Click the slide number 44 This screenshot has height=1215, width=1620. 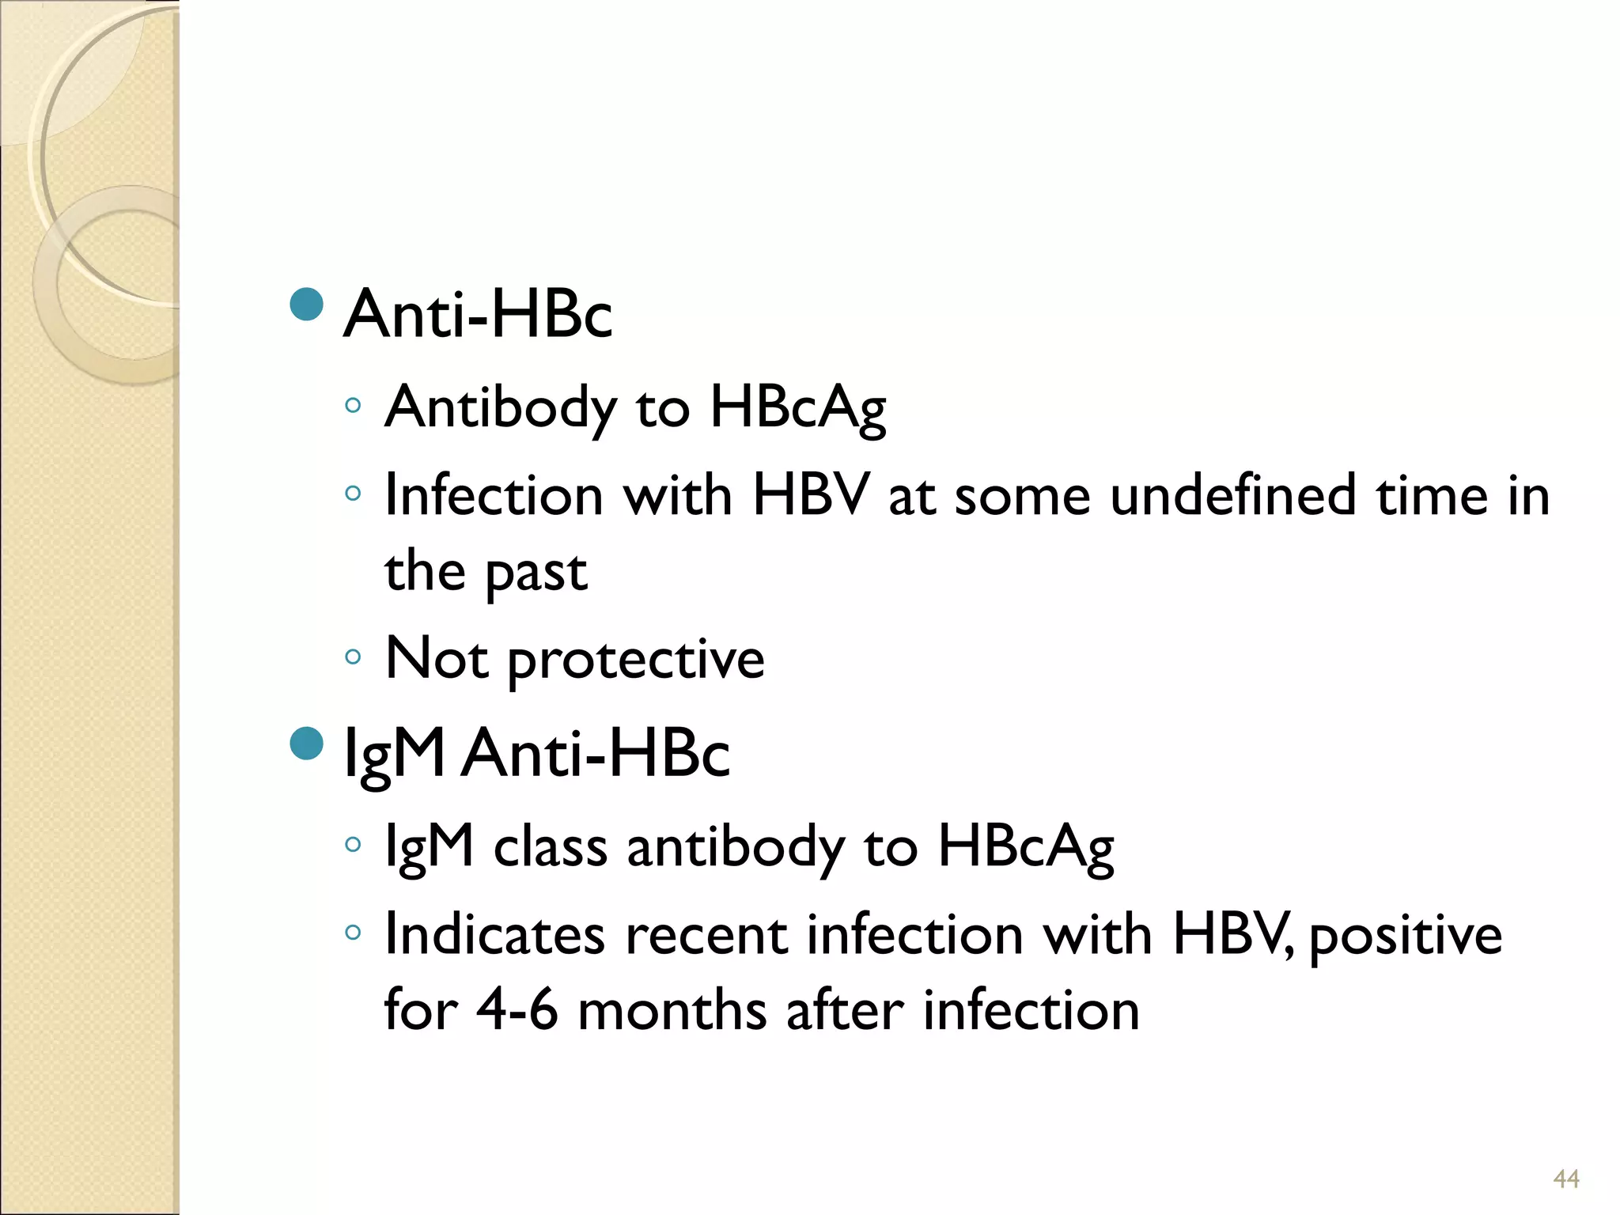click(x=1566, y=1179)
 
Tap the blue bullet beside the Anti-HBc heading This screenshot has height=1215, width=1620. click(x=307, y=304)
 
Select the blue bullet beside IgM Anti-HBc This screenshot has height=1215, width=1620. click(x=307, y=743)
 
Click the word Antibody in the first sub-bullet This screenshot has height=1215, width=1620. click(x=500, y=408)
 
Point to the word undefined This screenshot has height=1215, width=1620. click(x=1234, y=496)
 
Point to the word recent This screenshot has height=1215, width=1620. click(x=707, y=935)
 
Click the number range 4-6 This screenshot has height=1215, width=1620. click(x=517, y=1011)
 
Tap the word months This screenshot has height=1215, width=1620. click(x=672, y=1011)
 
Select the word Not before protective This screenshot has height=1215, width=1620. click(x=437, y=658)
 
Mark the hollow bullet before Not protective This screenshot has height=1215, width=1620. click(x=353, y=657)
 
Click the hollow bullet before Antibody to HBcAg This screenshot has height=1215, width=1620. click(x=353, y=407)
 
